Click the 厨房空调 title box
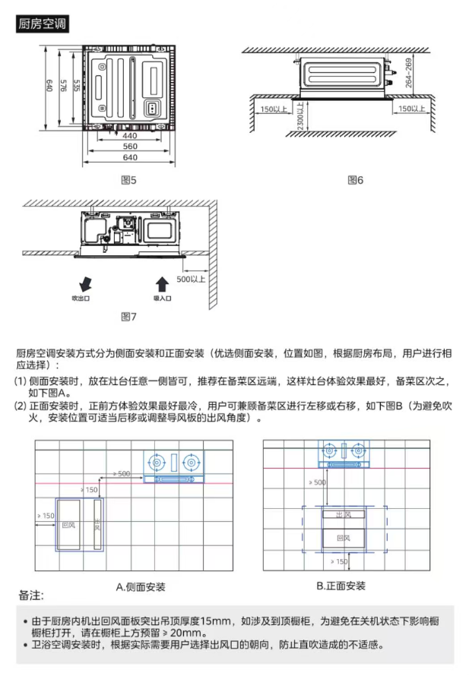(x=42, y=24)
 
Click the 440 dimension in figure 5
(x=130, y=135)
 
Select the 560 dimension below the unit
(x=130, y=147)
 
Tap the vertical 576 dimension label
(x=63, y=85)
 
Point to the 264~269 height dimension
(x=408, y=73)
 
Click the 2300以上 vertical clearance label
(x=300, y=115)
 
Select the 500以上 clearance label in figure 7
(x=191, y=279)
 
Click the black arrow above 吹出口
(x=85, y=284)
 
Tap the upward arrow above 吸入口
(x=162, y=285)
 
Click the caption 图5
(x=128, y=180)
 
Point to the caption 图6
(x=356, y=180)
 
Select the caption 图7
(x=128, y=317)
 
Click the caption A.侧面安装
(x=141, y=587)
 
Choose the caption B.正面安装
(x=341, y=586)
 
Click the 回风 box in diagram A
(x=68, y=525)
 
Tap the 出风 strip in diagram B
(x=344, y=514)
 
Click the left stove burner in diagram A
(x=157, y=463)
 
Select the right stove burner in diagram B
(x=358, y=451)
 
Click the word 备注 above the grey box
(x=31, y=595)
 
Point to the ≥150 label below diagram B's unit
(x=339, y=561)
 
